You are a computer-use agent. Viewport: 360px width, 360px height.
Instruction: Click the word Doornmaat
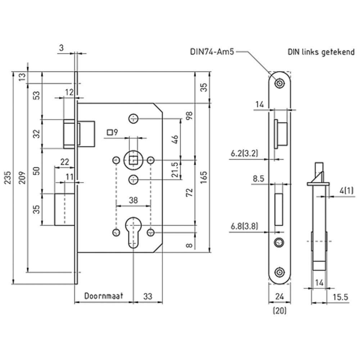click(x=104, y=296)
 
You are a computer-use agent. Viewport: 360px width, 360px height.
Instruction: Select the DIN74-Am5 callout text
click(x=212, y=51)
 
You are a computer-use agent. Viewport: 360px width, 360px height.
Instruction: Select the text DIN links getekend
click(x=321, y=51)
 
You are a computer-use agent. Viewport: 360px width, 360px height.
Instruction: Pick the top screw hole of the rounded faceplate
click(x=279, y=83)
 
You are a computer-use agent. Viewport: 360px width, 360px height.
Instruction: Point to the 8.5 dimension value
click(x=258, y=178)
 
